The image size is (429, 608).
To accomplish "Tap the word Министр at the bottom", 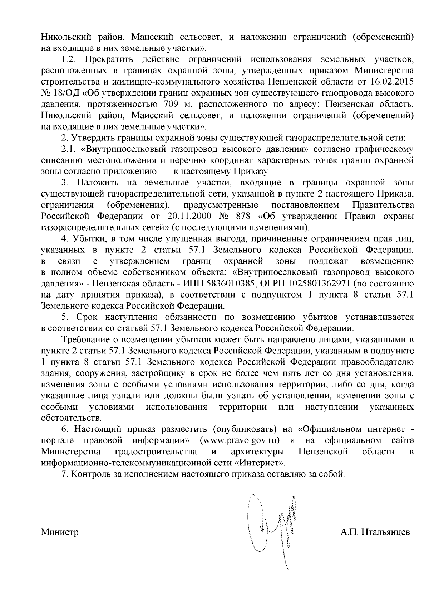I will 60,532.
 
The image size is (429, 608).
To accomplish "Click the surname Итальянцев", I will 386,532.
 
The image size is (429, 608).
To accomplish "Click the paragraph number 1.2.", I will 68,59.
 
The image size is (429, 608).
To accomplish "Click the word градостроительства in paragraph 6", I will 156,452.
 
